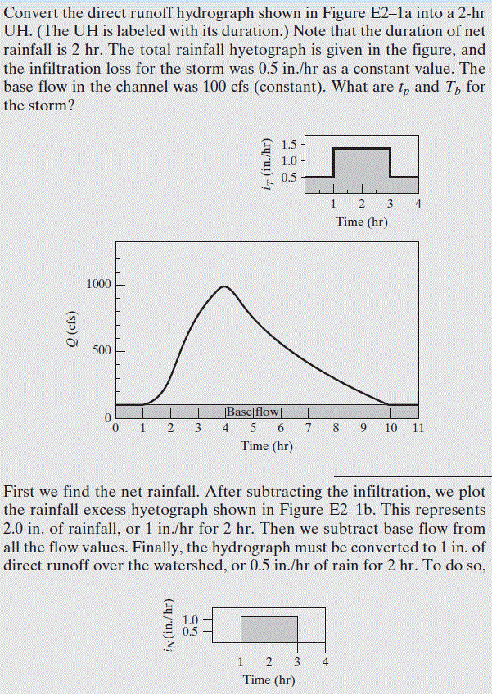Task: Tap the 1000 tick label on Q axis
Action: pos(98,284)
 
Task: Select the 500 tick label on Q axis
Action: pos(102,351)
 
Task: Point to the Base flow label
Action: pos(252,412)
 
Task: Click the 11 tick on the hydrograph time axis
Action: pos(417,427)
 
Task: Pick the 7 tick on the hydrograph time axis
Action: pos(307,427)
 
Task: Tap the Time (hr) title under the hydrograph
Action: pos(267,446)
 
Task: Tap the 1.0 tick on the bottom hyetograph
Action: pos(191,619)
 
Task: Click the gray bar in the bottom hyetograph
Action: pos(269,630)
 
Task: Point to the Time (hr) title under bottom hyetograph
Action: pos(269,680)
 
